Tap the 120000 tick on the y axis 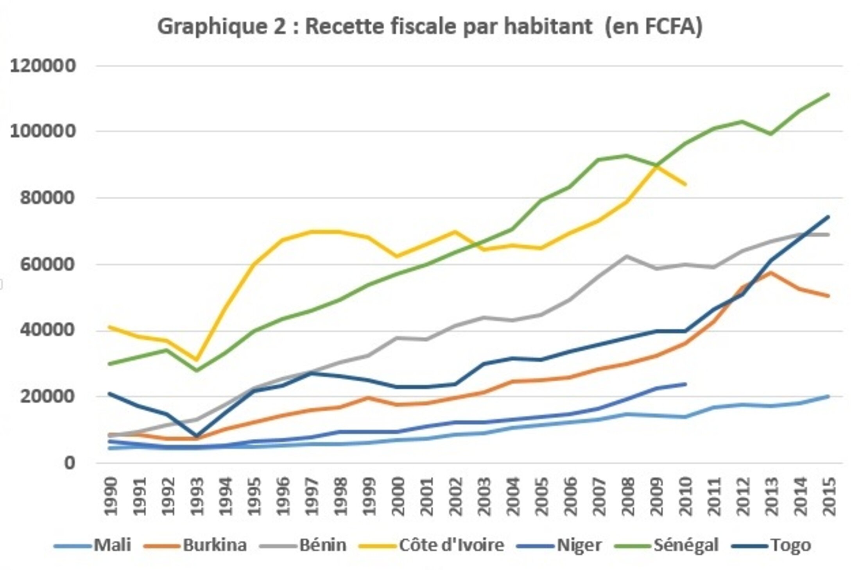42,66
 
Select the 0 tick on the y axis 69,463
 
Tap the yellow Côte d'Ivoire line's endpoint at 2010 685,184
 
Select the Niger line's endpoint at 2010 685,384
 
